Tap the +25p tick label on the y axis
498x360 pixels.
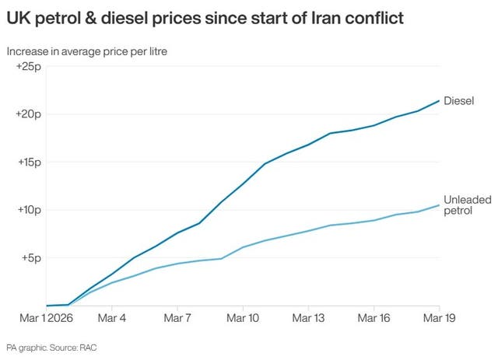28,67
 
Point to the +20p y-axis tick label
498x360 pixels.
28,114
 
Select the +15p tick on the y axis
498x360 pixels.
28,163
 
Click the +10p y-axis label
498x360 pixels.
28,210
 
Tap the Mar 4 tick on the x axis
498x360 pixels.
112,319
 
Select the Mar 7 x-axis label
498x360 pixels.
177,319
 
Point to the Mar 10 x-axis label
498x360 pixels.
243,319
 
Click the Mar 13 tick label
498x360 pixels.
308,319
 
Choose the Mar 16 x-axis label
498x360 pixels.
374,319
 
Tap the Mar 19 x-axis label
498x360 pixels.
440,319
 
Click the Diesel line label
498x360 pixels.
458,100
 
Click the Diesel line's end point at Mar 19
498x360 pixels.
440,101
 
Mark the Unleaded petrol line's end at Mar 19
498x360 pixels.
440,205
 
